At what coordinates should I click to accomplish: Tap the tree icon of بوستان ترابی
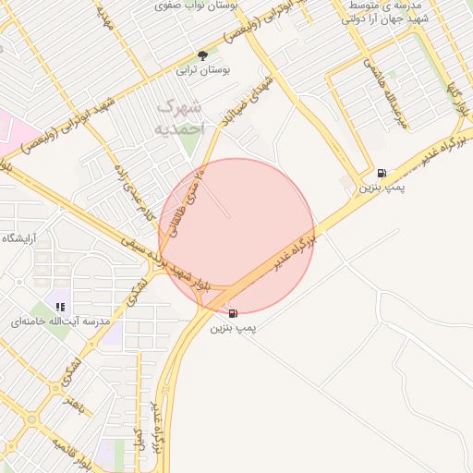click(x=203, y=56)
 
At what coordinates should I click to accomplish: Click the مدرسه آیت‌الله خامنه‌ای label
click(x=60, y=321)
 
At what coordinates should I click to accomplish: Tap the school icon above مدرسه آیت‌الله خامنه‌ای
click(x=60, y=307)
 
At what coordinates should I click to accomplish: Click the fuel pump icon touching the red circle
click(x=231, y=313)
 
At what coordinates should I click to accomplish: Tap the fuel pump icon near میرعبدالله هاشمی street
click(x=382, y=174)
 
